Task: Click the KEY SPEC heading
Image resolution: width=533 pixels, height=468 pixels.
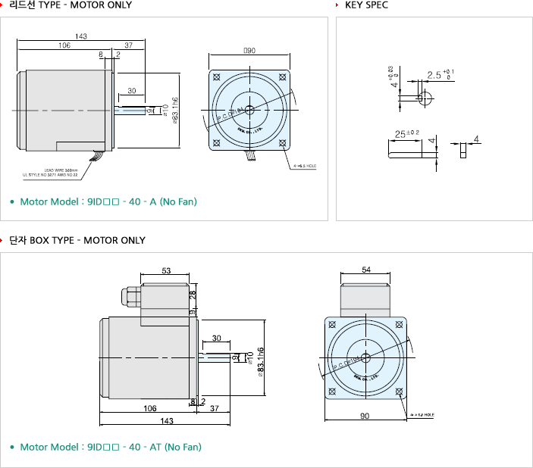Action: pyautogui.click(x=367, y=5)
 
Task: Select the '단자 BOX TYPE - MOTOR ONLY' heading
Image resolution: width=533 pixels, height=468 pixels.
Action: pyautogui.click(x=77, y=241)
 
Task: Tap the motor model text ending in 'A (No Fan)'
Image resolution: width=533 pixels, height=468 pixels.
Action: pyautogui.click(x=108, y=202)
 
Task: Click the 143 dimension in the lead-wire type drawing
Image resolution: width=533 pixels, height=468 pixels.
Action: pyautogui.click(x=81, y=36)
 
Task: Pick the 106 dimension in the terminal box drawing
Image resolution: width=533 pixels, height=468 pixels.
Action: pyautogui.click(x=150, y=408)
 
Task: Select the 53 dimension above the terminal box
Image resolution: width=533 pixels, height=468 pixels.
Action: pyautogui.click(x=167, y=270)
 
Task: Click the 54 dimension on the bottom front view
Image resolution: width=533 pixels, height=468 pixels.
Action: pyautogui.click(x=366, y=270)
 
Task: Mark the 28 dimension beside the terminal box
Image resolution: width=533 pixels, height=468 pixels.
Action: pyautogui.click(x=193, y=294)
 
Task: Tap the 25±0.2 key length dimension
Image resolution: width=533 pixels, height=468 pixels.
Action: pyautogui.click(x=407, y=134)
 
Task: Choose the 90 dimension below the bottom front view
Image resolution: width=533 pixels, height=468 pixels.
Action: pyautogui.click(x=365, y=415)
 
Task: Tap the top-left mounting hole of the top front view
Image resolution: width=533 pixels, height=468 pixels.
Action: pyautogui.click(x=217, y=77)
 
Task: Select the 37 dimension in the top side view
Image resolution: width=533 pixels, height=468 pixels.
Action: pyautogui.click(x=128, y=45)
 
